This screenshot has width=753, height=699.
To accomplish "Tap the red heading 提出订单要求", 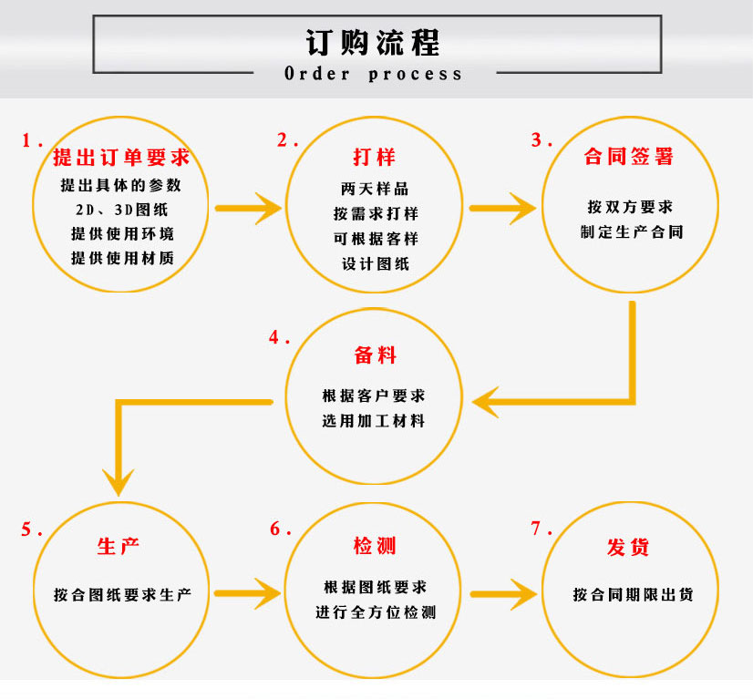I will (121, 157).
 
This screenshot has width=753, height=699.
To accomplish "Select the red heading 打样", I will (375, 157).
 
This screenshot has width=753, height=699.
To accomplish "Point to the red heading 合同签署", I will (629, 157).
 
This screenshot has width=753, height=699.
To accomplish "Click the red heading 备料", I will (375, 355).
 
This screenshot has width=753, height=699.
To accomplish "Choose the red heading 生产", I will (119, 547).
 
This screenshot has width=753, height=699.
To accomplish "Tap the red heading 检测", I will (375, 547).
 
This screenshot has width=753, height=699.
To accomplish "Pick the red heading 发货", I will (629, 547).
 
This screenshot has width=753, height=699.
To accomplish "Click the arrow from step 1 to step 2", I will (249, 208).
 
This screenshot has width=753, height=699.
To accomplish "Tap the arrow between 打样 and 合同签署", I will (502, 208).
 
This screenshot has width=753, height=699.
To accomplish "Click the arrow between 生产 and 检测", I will (249, 594).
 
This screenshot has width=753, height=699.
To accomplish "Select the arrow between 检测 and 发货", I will (502, 594).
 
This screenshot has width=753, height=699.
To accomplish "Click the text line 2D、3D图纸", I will (121, 209).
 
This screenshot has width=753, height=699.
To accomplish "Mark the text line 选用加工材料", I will (374, 422).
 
